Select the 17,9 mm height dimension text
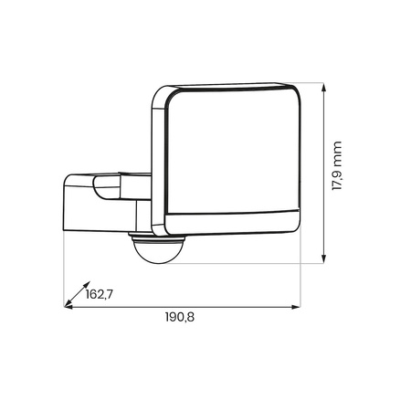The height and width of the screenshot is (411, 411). [x=337, y=166]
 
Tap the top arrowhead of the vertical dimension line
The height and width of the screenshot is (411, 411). [x=324, y=87]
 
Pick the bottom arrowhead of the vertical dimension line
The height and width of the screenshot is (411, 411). [x=324, y=260]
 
